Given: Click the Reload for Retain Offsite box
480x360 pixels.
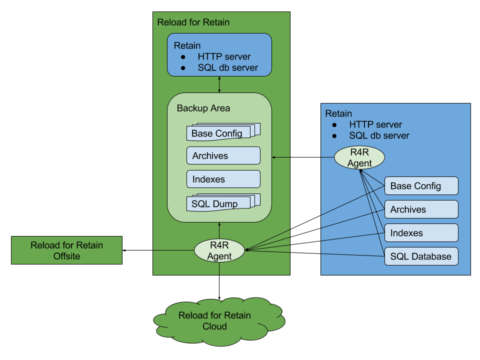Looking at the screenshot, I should pos(66,250).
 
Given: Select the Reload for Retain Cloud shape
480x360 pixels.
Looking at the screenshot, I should pos(214,321).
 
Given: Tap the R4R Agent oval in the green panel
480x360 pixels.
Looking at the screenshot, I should pos(220,250).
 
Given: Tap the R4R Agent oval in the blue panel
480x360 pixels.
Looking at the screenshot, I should pos(359,157).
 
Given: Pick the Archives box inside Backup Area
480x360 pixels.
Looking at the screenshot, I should pos(223,155).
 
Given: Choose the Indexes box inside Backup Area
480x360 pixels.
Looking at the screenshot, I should pos(223,179).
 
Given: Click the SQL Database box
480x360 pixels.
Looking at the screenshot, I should pos(421,256).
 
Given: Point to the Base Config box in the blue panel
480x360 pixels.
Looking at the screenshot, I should pos(421,186).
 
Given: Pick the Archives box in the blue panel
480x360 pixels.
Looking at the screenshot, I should pos(421,209).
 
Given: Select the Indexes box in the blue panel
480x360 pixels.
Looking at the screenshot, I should pos(421,233).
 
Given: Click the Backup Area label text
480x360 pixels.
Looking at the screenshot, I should pos(203,108).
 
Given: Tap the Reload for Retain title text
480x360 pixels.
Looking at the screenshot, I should pos(193,22).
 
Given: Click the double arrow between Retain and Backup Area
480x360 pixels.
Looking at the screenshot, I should pos(219,84).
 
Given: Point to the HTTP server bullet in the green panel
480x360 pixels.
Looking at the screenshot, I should pos(224,56).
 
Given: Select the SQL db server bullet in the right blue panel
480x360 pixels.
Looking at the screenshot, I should pos(379,135).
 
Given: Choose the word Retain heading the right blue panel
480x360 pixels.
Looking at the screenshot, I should pos(338,113).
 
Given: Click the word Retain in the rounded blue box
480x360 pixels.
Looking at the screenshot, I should pos(187,45).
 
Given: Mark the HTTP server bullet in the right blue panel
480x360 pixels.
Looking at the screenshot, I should pos(375,124).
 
